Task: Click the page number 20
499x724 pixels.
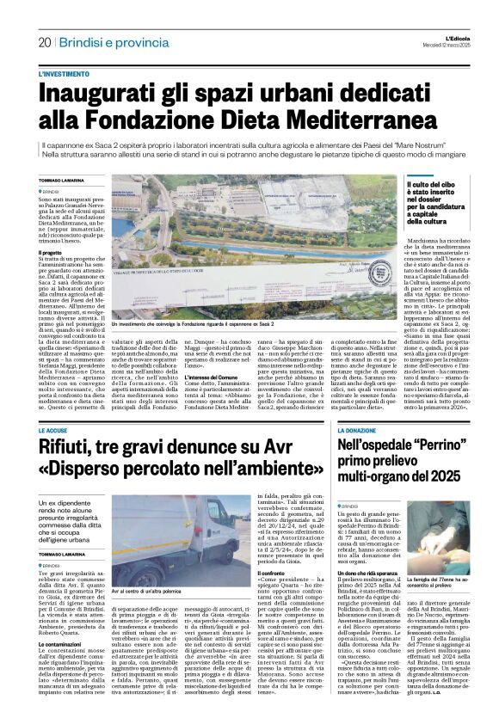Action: (x=45, y=43)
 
